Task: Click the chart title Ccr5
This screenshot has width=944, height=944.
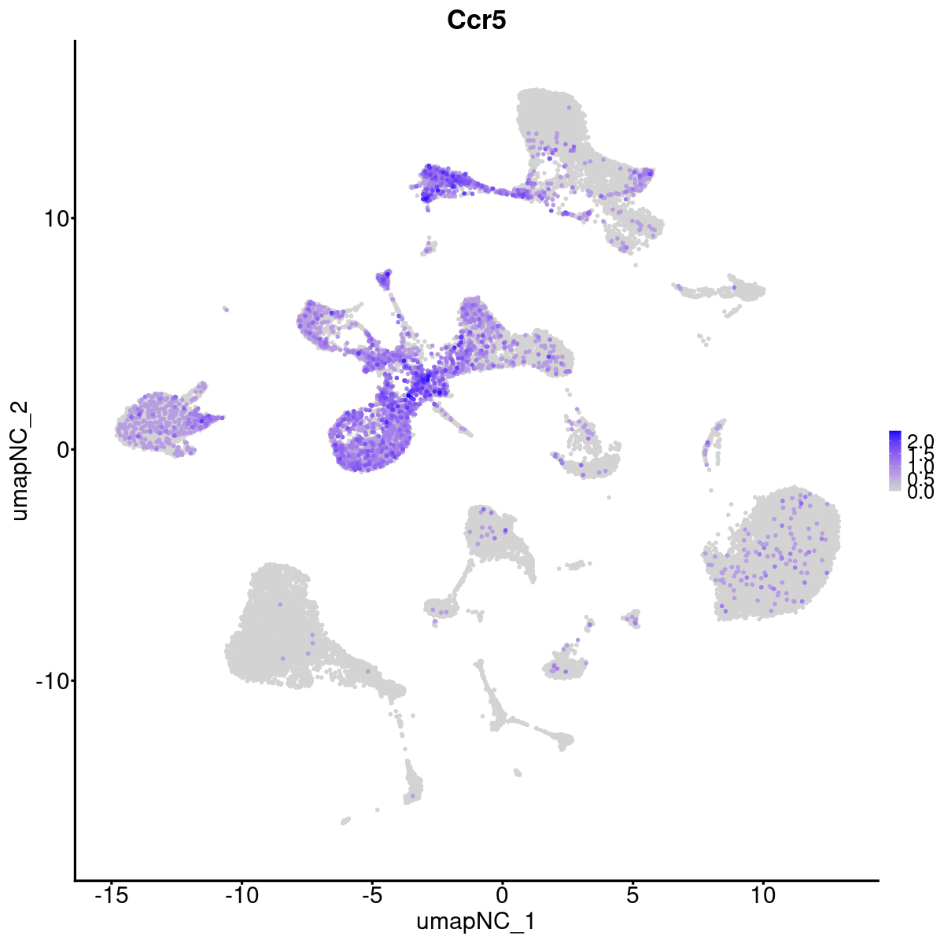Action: point(476,20)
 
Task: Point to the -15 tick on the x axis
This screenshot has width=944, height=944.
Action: point(112,896)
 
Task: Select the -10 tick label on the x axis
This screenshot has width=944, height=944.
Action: point(242,896)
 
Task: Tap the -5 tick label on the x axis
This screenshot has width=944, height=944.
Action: point(371,896)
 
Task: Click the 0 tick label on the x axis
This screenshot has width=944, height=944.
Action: point(502,896)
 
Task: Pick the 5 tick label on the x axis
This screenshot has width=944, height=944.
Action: point(632,896)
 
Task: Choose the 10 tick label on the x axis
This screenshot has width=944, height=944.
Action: point(762,896)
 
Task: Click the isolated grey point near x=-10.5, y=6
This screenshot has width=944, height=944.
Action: point(226,309)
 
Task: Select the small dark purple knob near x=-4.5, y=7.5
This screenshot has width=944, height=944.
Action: point(385,277)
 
